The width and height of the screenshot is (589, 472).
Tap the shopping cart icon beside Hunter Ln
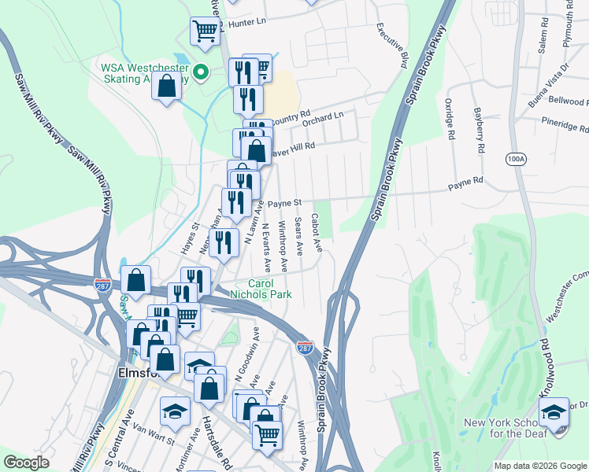(205, 32)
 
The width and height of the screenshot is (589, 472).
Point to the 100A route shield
(516, 158)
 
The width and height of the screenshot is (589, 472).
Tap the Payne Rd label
(465, 183)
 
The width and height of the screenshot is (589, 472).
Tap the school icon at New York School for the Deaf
(554, 412)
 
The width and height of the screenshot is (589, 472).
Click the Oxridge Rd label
(450, 119)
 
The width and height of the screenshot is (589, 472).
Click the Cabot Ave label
(317, 233)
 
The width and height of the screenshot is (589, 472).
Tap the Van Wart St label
(154, 434)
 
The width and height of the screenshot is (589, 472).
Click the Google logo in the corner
(27, 463)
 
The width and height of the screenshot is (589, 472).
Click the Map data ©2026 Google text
(539, 466)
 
